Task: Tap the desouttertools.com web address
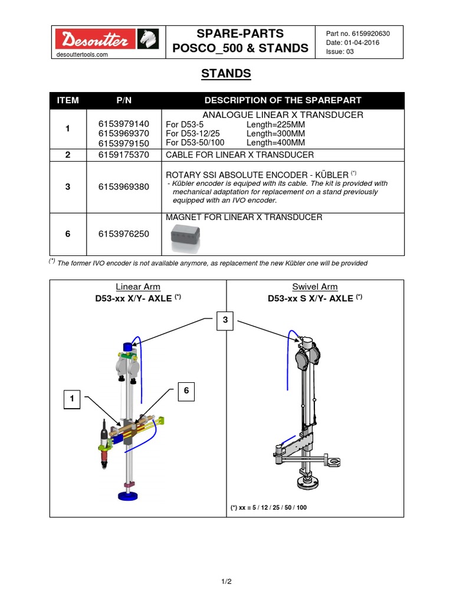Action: (x=82, y=54)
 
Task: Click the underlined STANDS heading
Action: (x=226, y=74)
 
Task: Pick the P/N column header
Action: (x=124, y=100)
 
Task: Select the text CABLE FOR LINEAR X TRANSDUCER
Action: (x=239, y=155)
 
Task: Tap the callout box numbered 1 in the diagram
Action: (x=72, y=399)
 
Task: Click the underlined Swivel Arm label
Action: (x=315, y=287)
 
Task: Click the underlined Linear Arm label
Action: (x=138, y=287)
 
